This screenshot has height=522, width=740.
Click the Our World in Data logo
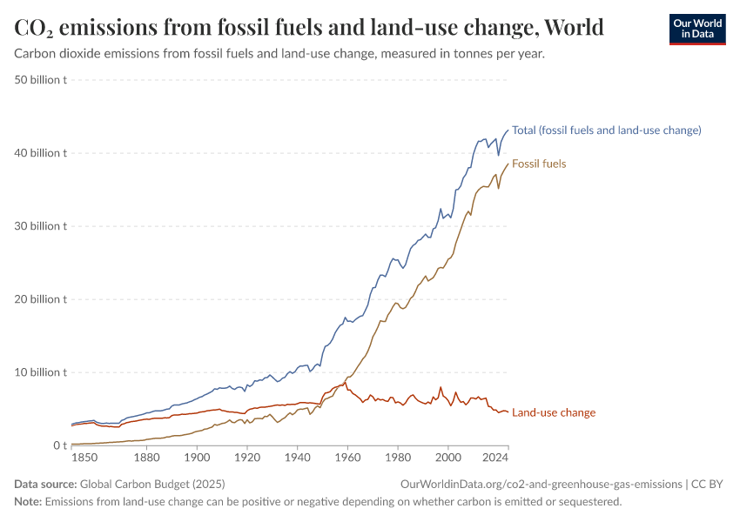[696, 29]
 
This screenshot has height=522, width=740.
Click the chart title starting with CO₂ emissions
[309, 28]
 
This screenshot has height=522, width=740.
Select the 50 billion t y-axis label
[42, 80]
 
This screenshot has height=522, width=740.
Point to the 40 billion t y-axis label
[42, 153]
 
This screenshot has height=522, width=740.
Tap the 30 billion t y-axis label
[42, 226]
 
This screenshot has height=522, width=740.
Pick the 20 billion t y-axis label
[42, 299]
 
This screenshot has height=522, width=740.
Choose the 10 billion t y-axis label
[42, 372]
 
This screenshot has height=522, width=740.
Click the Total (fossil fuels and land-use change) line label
[606, 130]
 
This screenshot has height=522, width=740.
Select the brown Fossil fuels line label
[539, 164]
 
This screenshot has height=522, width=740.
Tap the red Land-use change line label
[554, 412]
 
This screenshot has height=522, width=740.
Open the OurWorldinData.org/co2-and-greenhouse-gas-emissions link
[541, 484]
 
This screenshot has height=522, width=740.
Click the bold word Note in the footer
[29, 502]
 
